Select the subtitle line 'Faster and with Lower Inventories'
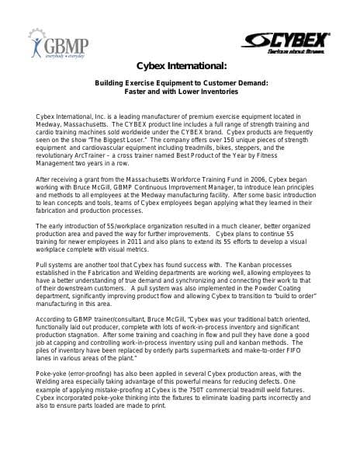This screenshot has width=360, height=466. [180, 92]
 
